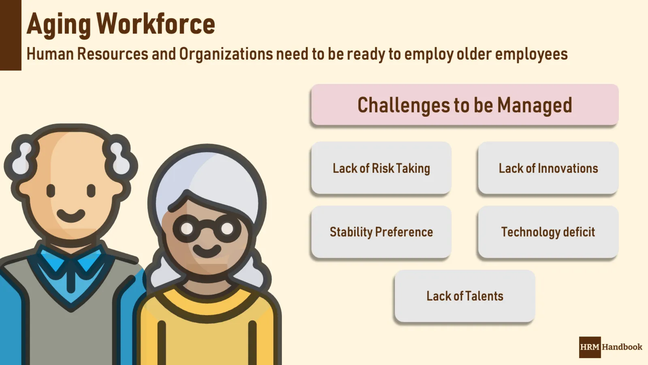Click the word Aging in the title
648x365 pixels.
point(59,25)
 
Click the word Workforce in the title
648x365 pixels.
point(156,24)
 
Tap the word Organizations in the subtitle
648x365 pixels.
point(226,54)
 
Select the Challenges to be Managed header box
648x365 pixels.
point(465,105)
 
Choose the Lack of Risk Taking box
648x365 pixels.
point(381,168)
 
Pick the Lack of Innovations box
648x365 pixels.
point(548,168)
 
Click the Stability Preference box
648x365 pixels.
point(381,232)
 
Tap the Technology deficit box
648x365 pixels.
point(548,232)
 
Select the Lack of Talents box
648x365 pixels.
point(465,296)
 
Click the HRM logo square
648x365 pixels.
point(590,347)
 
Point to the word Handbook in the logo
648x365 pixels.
point(622,347)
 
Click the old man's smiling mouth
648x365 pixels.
point(71,215)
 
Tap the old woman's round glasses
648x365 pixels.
point(207,229)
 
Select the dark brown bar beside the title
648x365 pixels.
point(11,35)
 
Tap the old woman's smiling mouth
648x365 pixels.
point(207,251)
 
